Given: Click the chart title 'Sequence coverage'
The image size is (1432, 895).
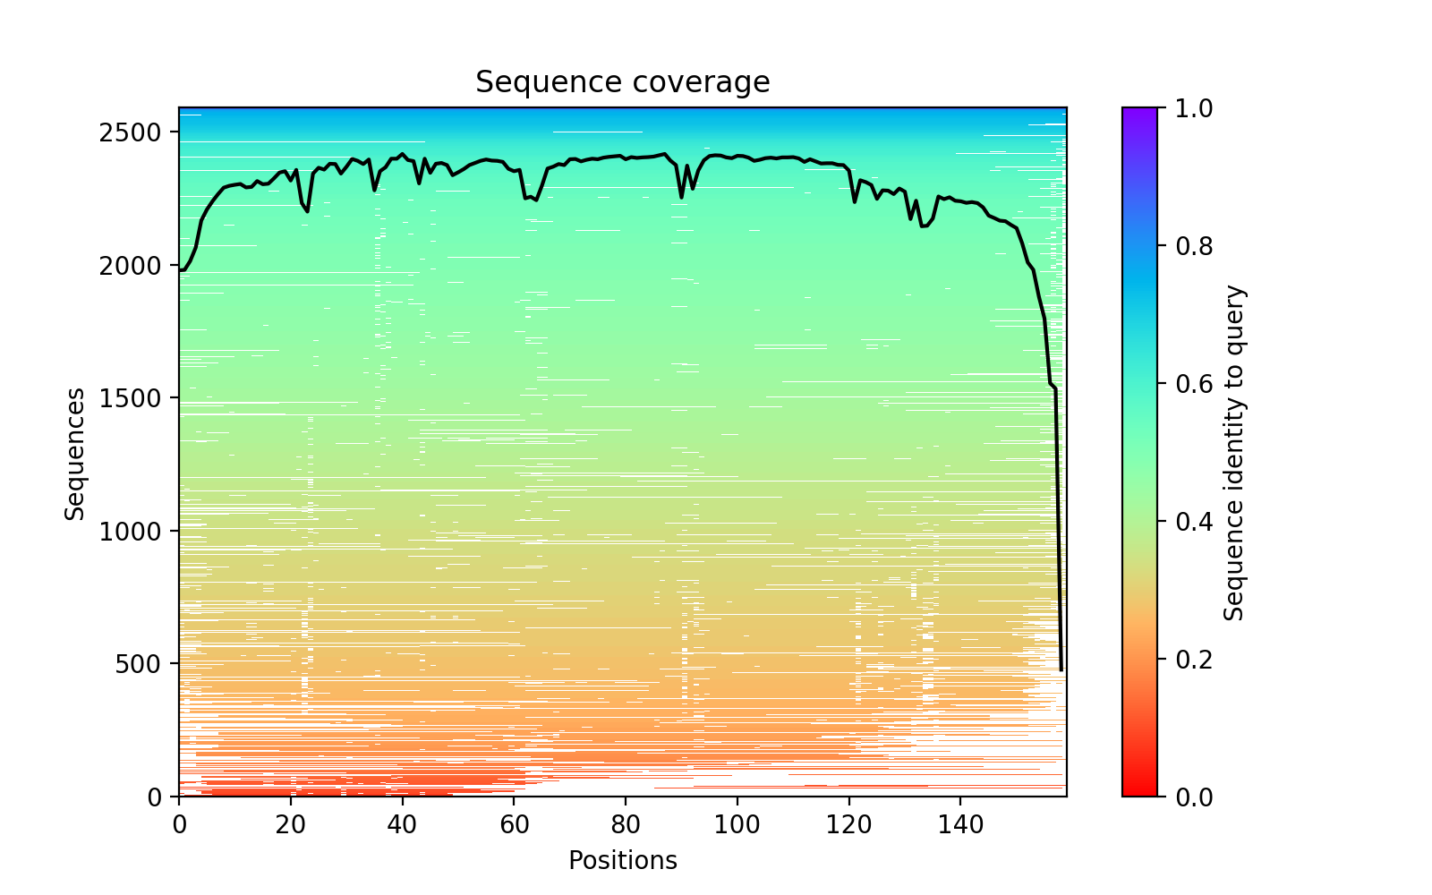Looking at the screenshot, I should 622,82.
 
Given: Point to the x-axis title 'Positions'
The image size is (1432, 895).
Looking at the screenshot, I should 622,861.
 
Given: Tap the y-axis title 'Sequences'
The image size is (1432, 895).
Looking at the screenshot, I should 75,453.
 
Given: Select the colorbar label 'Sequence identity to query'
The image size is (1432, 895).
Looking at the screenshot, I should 1234,453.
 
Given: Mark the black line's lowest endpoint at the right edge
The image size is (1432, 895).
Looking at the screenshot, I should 1061,669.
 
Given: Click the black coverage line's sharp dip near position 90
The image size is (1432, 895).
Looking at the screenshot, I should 681,197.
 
